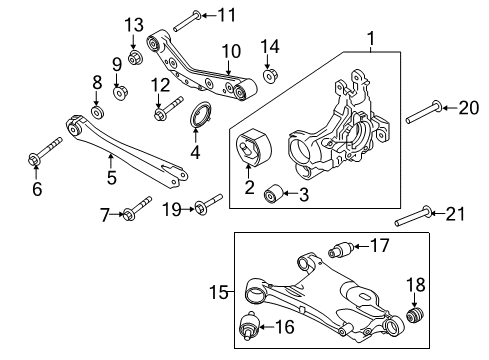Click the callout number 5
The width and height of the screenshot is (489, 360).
click(x=111, y=178)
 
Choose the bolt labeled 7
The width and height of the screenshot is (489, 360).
click(x=135, y=209)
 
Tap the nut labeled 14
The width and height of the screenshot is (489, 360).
click(x=269, y=75)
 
